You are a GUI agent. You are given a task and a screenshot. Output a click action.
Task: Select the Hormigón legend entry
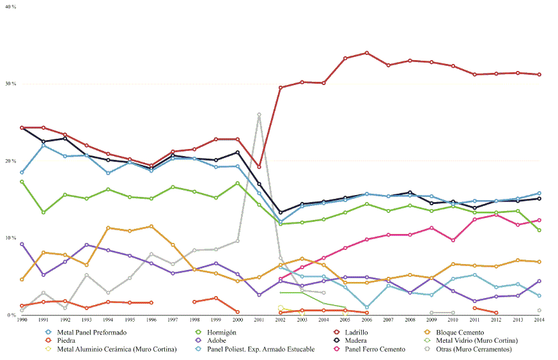coord(217,333)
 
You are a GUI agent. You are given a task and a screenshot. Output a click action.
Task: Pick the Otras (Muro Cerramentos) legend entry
coord(473,349)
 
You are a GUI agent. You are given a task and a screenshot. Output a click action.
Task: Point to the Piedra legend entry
coord(70,341)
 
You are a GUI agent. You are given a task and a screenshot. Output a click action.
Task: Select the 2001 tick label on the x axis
coord(259,319)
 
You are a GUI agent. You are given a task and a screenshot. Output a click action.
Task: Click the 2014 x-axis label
coord(539,319)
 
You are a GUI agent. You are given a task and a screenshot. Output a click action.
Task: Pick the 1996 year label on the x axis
coord(151,319)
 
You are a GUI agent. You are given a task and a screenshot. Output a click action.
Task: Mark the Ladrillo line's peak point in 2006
coord(367,53)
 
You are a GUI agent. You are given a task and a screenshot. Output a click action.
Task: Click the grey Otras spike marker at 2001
coord(259,115)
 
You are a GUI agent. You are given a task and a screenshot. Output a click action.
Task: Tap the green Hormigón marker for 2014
coord(539,230)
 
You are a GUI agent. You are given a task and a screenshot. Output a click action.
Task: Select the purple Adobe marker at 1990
coord(22,244)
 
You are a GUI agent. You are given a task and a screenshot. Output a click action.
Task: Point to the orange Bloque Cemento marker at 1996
coord(151,226)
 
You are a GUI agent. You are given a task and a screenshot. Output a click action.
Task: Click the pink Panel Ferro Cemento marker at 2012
coord(496,215)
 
